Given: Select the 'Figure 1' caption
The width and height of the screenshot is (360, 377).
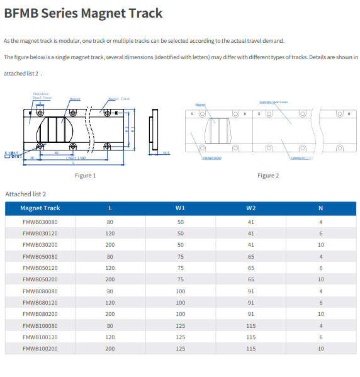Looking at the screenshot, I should coord(85,175).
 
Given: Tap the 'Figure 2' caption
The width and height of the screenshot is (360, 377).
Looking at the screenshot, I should coord(267,175).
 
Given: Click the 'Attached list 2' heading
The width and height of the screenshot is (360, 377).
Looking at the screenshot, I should coord(26,194).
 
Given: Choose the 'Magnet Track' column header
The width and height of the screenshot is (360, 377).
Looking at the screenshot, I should coord(40,208).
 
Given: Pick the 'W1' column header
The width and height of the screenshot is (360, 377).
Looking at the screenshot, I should coord(180,208).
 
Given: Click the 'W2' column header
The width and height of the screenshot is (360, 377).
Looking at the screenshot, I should coord(250,208).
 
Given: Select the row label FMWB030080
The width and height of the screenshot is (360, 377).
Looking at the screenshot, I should coord(40,222).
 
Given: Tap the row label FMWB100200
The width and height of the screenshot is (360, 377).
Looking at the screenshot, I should coord(40,347).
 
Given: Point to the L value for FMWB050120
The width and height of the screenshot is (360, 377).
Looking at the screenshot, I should coord(110,267).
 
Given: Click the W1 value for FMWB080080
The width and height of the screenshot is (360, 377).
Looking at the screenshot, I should coord(180,291).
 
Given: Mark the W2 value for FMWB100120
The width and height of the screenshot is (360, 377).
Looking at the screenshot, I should coord(250,336).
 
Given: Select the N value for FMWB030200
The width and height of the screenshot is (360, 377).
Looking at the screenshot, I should coord(320,244).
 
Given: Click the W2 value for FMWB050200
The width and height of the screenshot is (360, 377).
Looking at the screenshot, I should coord(250,279).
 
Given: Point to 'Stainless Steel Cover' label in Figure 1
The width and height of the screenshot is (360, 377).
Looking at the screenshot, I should coord(40,96).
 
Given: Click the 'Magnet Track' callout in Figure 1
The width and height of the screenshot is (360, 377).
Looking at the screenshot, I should coord(119,99).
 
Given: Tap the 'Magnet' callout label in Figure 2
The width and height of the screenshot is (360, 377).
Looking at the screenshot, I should coord(200,104).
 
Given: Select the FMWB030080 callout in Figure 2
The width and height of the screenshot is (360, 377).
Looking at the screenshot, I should coord(211,158).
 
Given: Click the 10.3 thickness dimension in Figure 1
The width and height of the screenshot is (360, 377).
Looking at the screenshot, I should coord(166,152).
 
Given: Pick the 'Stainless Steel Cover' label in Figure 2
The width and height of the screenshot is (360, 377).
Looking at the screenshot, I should coord(273,101).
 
